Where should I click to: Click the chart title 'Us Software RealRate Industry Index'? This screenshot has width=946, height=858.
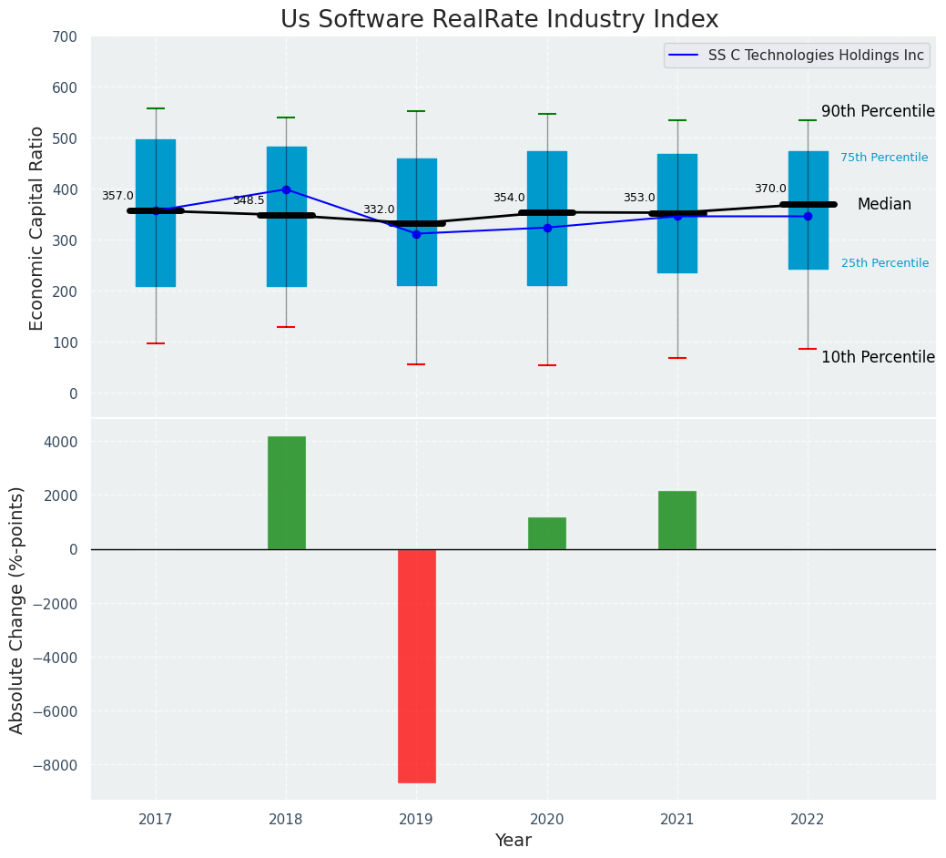pyautogui.click(x=499, y=20)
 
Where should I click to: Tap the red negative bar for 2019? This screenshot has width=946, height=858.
pyautogui.click(x=417, y=665)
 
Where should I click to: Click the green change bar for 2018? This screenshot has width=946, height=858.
pyautogui.click(x=286, y=493)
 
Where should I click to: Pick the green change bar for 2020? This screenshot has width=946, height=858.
pyautogui.click(x=547, y=534)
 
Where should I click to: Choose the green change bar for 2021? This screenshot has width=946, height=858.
pyautogui.click(x=677, y=520)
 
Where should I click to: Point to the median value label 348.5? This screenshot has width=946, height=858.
pyautogui.click(x=249, y=200)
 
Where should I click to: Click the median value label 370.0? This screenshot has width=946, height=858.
pyautogui.click(x=770, y=189)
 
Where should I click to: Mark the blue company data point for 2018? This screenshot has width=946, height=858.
pyautogui.click(x=286, y=189)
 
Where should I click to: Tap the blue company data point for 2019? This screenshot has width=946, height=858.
pyautogui.click(x=417, y=234)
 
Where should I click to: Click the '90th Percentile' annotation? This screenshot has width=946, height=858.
pyautogui.click(x=878, y=111)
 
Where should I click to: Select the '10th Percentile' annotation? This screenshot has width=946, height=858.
pyautogui.click(x=878, y=357)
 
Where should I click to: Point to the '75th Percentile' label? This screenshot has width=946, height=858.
pyautogui.click(x=884, y=158)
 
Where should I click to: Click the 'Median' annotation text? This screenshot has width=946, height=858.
pyautogui.click(x=884, y=205)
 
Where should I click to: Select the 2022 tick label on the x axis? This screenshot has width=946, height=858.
pyautogui.click(x=808, y=820)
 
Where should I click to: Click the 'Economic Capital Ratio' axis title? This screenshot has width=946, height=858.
pyautogui.click(x=37, y=228)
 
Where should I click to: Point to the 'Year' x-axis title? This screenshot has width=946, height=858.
pyautogui.click(x=513, y=841)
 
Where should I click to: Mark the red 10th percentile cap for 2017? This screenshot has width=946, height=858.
pyautogui.click(x=156, y=343)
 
